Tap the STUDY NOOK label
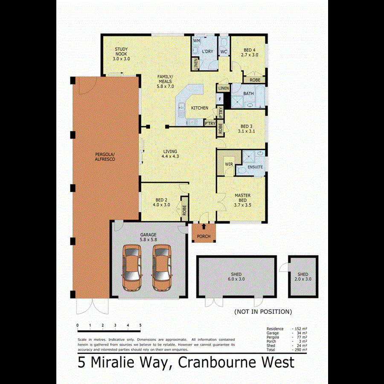click(121, 54)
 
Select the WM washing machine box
click(197, 41)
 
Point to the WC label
click(224, 52)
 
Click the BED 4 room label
click(250, 52)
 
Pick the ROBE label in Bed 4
click(255, 80)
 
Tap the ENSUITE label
click(255, 167)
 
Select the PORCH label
click(204, 236)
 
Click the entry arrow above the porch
click(204, 227)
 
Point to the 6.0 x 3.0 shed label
click(236, 277)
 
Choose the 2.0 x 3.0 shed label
click(303, 277)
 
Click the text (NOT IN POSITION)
click(263, 311)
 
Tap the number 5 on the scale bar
click(140, 326)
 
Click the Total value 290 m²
click(300, 349)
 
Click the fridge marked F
click(220, 99)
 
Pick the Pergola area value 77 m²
click(300, 337)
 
